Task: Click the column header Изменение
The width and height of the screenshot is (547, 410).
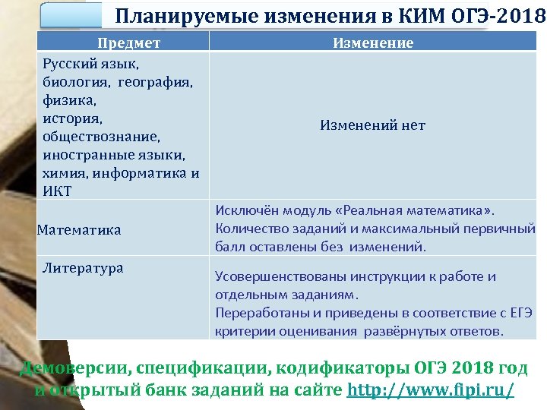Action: (373, 43)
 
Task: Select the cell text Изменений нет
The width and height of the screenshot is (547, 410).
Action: (372, 125)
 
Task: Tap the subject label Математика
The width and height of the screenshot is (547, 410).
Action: (79, 229)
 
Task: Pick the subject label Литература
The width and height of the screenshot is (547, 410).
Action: (83, 268)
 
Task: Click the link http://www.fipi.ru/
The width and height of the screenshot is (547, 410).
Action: (430, 390)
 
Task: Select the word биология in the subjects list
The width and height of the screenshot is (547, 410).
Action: (75, 83)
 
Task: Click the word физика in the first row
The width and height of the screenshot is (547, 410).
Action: (67, 100)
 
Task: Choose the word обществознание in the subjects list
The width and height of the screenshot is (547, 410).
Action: (90, 137)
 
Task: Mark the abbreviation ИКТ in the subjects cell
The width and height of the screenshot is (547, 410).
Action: (57, 191)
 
